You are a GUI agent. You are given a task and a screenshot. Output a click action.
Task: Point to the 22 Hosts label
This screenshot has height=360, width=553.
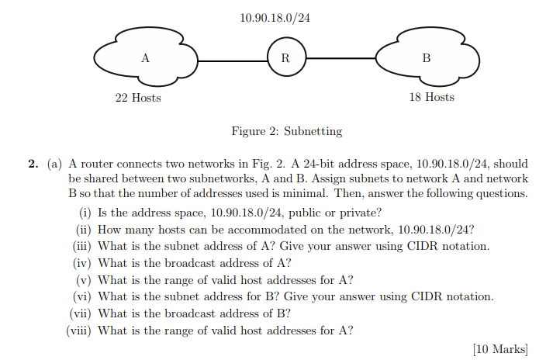(138, 98)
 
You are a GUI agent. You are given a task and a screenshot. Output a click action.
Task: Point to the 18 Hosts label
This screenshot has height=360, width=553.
(431, 98)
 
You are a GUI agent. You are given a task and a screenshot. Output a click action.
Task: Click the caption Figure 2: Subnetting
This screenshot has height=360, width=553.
(287, 131)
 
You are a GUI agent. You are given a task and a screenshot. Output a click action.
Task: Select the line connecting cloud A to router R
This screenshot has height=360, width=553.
(233, 58)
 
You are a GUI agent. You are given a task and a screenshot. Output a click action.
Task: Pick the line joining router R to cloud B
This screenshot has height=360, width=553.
(341, 58)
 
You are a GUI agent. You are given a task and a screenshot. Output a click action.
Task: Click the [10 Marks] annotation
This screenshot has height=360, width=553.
(499, 349)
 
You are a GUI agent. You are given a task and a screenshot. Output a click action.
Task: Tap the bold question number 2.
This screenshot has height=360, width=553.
(33, 164)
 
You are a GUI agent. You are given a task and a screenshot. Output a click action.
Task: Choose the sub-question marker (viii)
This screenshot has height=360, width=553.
(79, 331)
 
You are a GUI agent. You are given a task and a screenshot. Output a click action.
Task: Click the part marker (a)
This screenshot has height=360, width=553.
(54, 164)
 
